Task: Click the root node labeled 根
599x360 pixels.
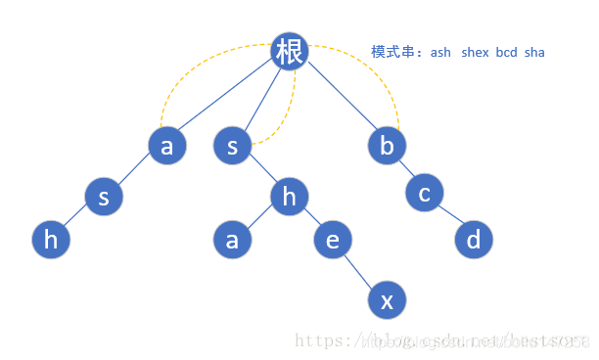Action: point(290,51)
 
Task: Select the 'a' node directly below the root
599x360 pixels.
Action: point(166,146)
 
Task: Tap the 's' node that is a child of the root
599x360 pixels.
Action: point(232,146)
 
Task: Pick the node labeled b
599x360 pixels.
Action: point(387,146)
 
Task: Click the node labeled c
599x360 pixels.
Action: point(424,193)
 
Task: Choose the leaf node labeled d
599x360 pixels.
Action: point(474,240)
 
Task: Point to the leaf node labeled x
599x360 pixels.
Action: point(387,300)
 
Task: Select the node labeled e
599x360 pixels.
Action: point(333,240)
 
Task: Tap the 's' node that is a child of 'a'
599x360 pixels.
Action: point(103,197)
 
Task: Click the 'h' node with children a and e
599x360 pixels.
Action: point(289,197)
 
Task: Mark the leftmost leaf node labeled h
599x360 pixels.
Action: point(51,240)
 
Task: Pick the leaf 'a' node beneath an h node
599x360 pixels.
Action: point(232,240)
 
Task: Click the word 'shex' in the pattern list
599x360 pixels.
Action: point(477,52)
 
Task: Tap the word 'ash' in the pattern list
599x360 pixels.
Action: point(440,52)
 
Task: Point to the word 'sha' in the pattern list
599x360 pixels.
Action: point(534,52)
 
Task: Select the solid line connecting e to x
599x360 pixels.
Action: point(359,270)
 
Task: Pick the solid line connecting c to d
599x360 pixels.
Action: point(448,216)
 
